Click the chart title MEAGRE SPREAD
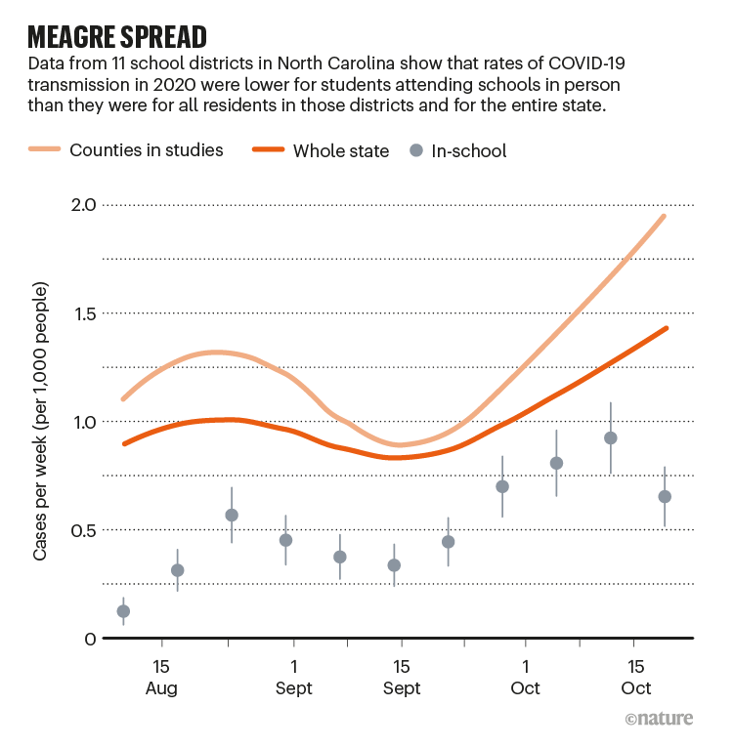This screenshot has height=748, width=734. (117, 36)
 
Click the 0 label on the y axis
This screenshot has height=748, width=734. (89, 639)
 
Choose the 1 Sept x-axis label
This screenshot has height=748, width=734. (293, 677)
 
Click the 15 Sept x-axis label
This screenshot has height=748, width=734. (401, 677)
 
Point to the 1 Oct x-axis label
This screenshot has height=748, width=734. (525, 677)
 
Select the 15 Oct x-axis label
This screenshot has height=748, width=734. (635, 677)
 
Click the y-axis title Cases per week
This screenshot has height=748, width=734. (41, 423)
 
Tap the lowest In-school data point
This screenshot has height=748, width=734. (123, 611)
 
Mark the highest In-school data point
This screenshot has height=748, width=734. (611, 437)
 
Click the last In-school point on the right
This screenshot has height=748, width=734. (665, 496)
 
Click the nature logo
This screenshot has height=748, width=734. (659, 719)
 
